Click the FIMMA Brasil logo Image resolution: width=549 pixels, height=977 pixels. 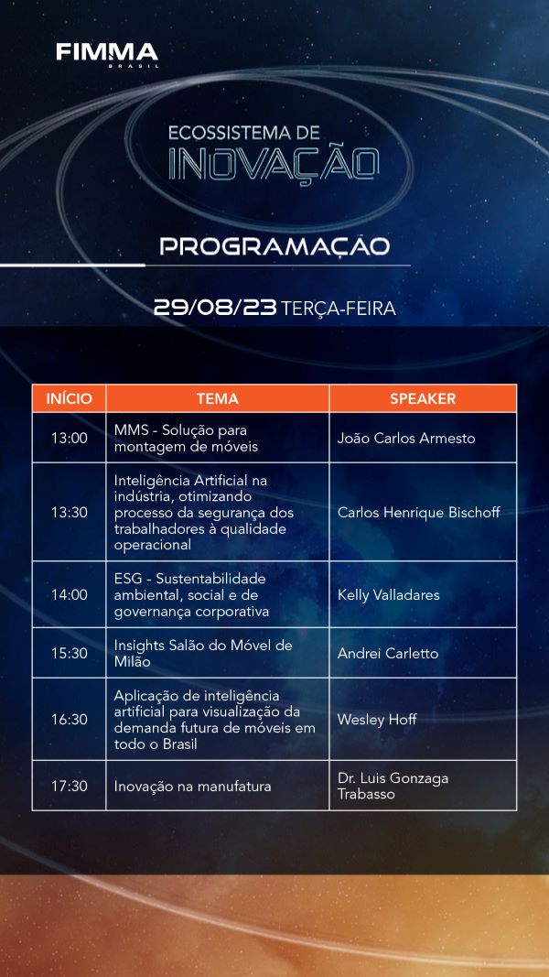point(107,54)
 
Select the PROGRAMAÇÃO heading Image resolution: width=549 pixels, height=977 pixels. point(274,245)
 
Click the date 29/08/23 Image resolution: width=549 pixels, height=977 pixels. point(215,307)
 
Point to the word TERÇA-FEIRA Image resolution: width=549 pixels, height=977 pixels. point(338,308)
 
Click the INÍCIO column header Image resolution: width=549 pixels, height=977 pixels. point(70,399)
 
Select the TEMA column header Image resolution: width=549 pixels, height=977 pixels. point(217,399)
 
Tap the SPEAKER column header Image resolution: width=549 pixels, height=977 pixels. point(423,399)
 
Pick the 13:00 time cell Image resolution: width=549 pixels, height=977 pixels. point(70,438)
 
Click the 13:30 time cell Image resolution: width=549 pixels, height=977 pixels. point(70,512)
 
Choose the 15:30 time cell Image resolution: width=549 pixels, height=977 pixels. point(70,653)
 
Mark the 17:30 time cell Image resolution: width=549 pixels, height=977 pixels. point(70,786)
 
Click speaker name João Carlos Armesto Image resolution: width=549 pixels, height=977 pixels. point(406,438)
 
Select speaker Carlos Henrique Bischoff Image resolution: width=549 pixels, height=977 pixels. point(419,512)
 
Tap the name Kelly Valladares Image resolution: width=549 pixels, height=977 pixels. point(388,594)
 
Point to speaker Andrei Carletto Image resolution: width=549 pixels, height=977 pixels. point(388,653)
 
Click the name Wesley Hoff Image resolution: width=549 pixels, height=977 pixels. point(377,719)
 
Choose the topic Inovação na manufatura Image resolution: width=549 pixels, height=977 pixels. point(192,787)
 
